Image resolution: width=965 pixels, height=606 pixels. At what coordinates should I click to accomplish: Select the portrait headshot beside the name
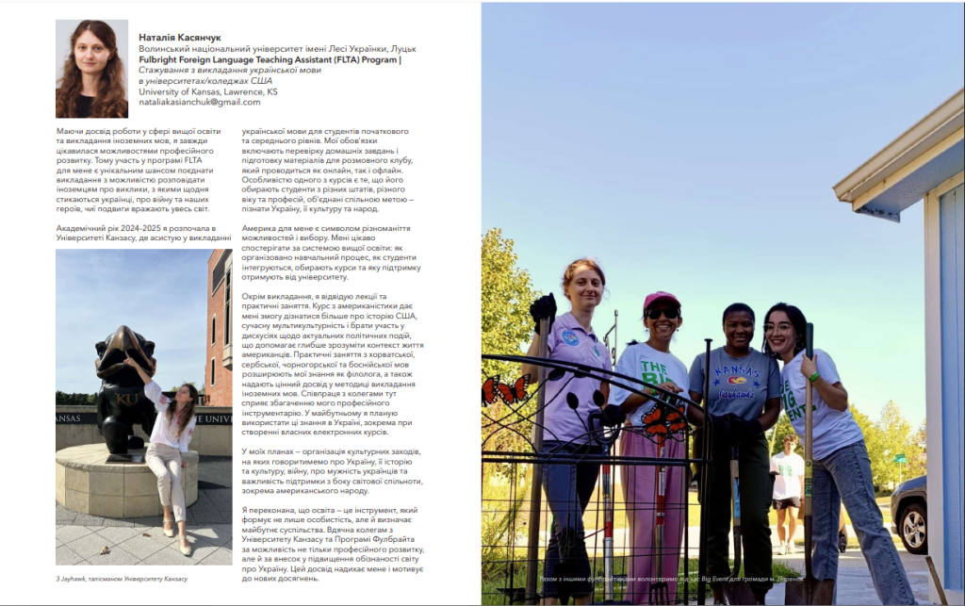tap(92, 69)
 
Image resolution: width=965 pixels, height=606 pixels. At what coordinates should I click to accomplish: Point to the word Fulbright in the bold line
tap(162, 59)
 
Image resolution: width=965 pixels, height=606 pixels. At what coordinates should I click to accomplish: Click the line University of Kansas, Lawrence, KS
tap(207, 91)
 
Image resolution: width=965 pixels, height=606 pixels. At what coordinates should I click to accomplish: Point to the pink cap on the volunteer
tap(662, 301)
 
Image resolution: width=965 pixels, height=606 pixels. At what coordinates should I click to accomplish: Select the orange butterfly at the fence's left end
tap(505, 390)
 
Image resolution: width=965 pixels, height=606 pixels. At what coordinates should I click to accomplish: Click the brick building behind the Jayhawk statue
tap(219, 330)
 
